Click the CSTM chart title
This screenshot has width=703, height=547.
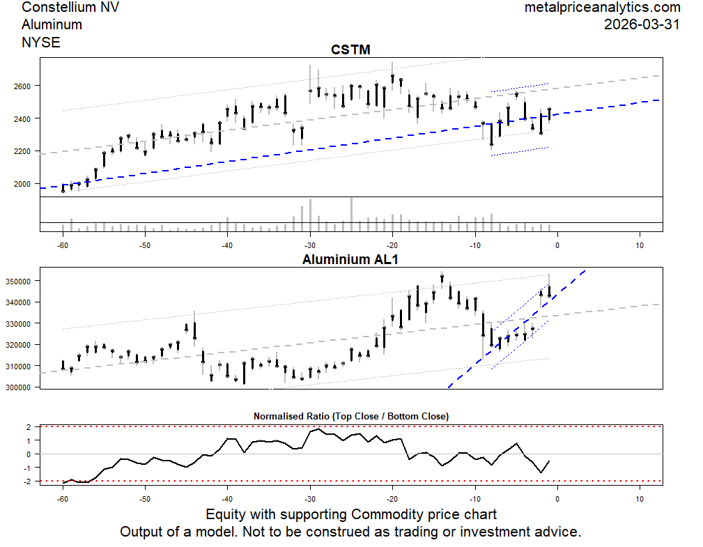(350, 50)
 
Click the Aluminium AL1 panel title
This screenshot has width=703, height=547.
(350, 259)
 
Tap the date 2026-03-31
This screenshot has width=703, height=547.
(642, 24)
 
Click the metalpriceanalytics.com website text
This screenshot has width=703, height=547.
(602, 8)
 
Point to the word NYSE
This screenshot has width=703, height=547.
(41, 42)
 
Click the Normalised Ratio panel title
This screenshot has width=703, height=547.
(350, 416)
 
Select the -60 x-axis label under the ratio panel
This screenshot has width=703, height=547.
(63, 499)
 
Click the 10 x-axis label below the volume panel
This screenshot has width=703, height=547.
(640, 245)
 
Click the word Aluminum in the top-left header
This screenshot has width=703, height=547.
(52, 24)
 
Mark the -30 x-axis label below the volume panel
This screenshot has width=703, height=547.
(310, 245)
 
